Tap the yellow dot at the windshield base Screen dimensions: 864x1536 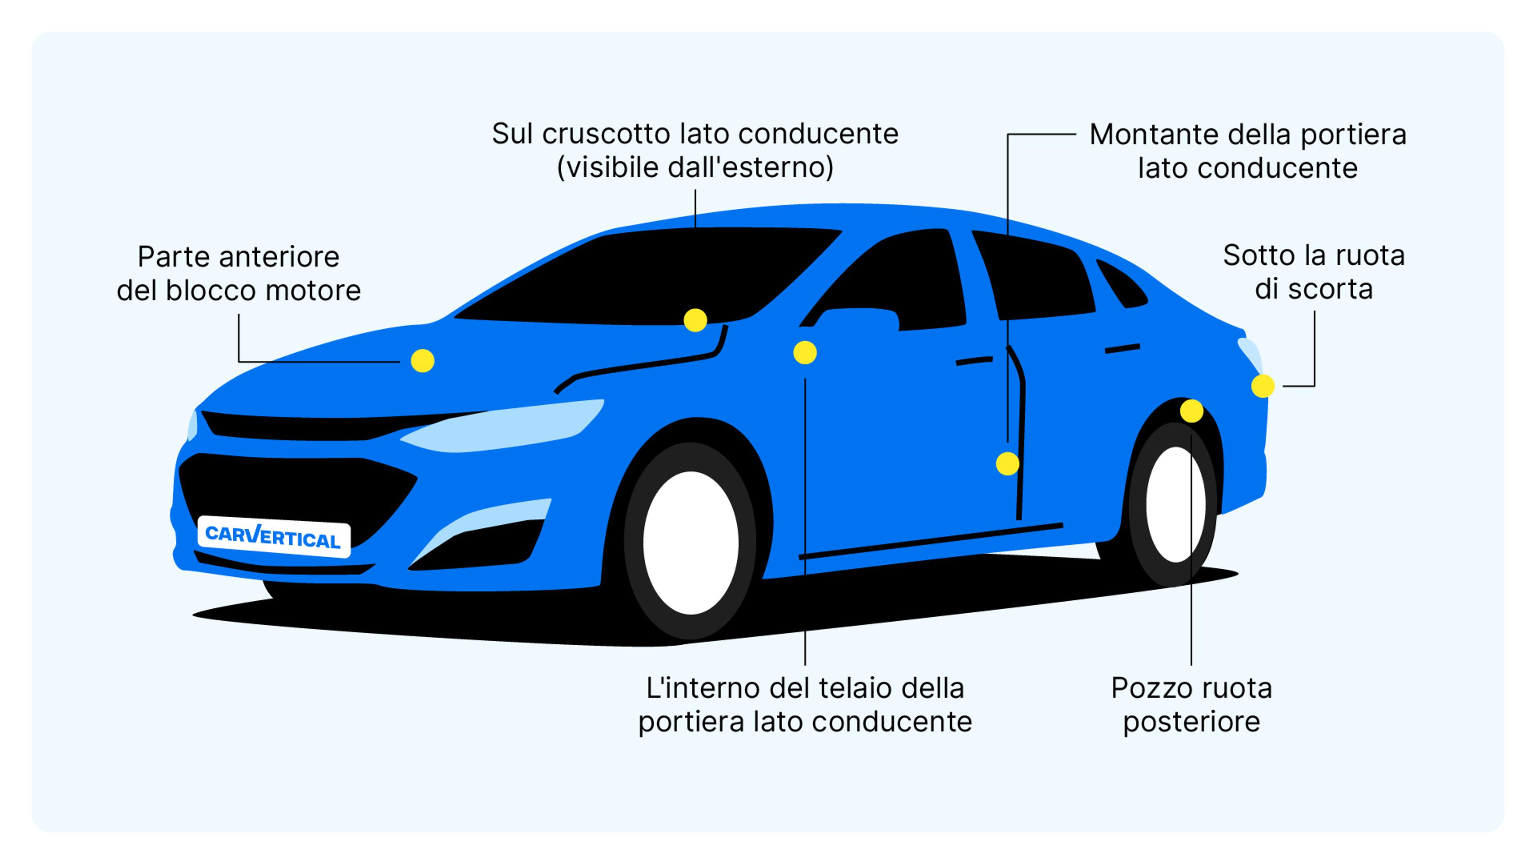click(695, 320)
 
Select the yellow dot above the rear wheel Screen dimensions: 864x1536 click(1191, 411)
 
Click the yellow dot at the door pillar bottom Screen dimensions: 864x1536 click(1007, 463)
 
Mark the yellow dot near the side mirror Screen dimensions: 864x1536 click(804, 353)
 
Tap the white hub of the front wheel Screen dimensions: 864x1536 click(690, 543)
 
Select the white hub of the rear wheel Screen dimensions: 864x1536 click(1175, 504)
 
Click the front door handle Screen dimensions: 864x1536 click(974, 361)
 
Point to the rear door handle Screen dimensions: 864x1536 click(1122, 348)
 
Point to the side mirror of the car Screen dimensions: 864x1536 click(859, 320)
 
